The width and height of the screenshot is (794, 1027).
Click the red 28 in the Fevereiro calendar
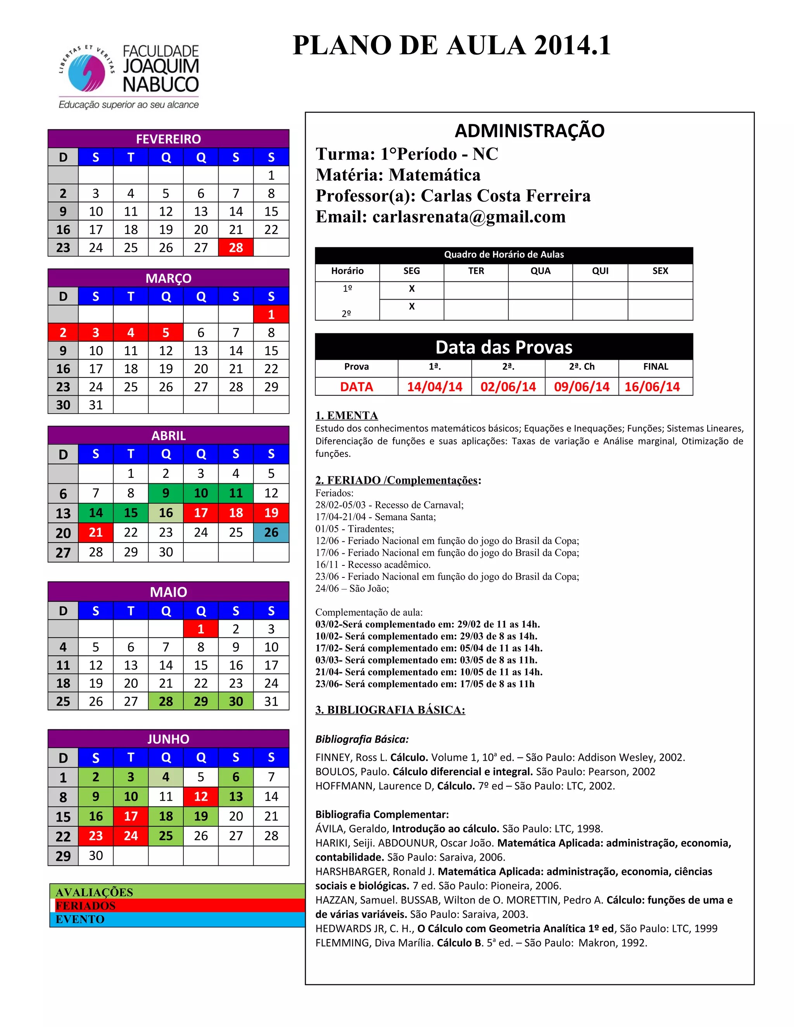pos(236,247)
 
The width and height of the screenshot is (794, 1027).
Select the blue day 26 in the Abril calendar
pos(271,532)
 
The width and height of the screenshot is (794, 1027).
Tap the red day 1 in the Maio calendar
pos(201,629)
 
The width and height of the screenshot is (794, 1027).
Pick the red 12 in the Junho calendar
pos(201,796)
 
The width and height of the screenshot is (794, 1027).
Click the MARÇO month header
pos(168,278)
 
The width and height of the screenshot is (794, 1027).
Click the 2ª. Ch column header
pos(582,367)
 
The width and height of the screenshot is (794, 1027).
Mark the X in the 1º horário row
pos(412,289)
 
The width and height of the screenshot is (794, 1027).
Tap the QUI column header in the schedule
pos(600,271)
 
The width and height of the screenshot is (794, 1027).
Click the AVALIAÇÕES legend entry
pos(95,892)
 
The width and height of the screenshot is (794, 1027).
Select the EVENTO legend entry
pos(80,919)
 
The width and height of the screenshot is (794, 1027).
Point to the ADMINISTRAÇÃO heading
pos(529,131)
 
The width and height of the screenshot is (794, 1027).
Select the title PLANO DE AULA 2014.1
pos(452,46)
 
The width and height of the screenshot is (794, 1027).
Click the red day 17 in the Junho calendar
pos(131,816)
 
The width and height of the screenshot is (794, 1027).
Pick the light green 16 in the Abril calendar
pos(166,513)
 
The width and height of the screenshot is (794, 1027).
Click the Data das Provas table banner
pos(504,347)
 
